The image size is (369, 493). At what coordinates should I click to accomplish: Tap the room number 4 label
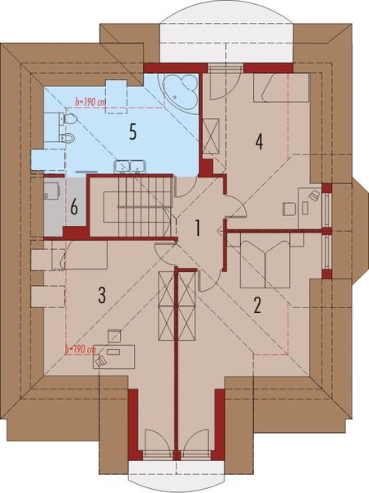(258, 141)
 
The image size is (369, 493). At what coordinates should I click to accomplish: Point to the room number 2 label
(256, 306)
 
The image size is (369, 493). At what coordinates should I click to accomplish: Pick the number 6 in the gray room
(73, 207)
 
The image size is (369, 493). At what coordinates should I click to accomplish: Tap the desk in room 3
(115, 356)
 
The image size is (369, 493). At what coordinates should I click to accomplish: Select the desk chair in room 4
(313, 194)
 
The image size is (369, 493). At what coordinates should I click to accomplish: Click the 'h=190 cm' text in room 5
(90, 103)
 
